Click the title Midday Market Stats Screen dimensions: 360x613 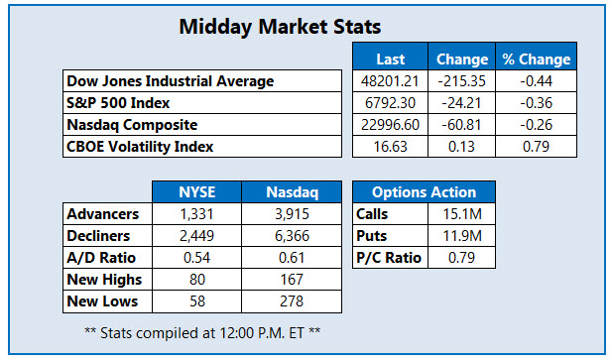coord(279,27)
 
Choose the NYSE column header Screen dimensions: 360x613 coord(194,192)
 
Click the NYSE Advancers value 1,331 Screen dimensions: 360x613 coord(194,214)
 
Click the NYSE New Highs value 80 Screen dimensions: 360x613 coord(194,280)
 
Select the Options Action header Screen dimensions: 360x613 coord(424,192)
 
